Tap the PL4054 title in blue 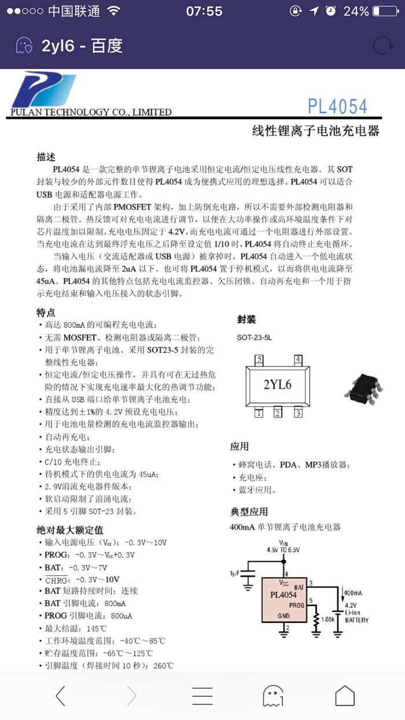click(337, 107)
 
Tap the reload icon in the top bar click(382, 46)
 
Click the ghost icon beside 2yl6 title click(24, 46)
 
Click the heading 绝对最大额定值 click(70, 530)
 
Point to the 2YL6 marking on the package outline click(277, 385)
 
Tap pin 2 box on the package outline click(278, 413)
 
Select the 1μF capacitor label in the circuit click(234, 573)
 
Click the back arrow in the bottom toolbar click(60, 696)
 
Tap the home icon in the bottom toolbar click(345, 696)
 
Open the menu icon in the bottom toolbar click(203, 696)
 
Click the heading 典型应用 click(249, 512)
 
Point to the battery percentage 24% click(356, 12)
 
